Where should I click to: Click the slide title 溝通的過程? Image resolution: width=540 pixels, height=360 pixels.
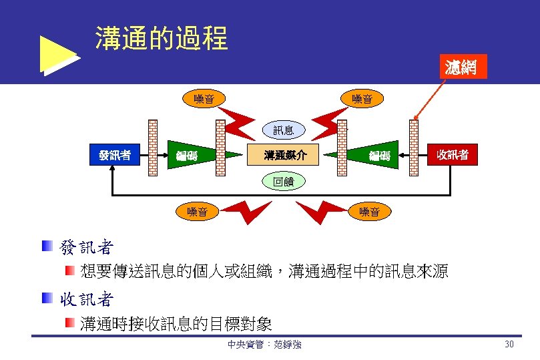162,39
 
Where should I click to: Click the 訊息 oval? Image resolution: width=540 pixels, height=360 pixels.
283,130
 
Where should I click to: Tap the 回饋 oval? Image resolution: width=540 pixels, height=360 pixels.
283,180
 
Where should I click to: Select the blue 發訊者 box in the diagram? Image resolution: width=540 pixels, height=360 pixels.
114,156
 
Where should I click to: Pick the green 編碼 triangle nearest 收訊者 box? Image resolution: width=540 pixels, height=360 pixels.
377,155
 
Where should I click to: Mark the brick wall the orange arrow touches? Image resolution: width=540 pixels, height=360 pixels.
416,147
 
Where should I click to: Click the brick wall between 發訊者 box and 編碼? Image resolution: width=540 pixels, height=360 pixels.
153,147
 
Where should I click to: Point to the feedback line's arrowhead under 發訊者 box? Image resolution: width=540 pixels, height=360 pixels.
113,172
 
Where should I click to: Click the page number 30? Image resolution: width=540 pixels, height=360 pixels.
509,345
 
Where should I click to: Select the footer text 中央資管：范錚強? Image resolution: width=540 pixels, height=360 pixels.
264,345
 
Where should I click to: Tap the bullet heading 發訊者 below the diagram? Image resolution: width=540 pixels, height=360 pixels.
87,248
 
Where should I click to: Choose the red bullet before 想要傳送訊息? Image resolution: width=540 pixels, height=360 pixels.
69,270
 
